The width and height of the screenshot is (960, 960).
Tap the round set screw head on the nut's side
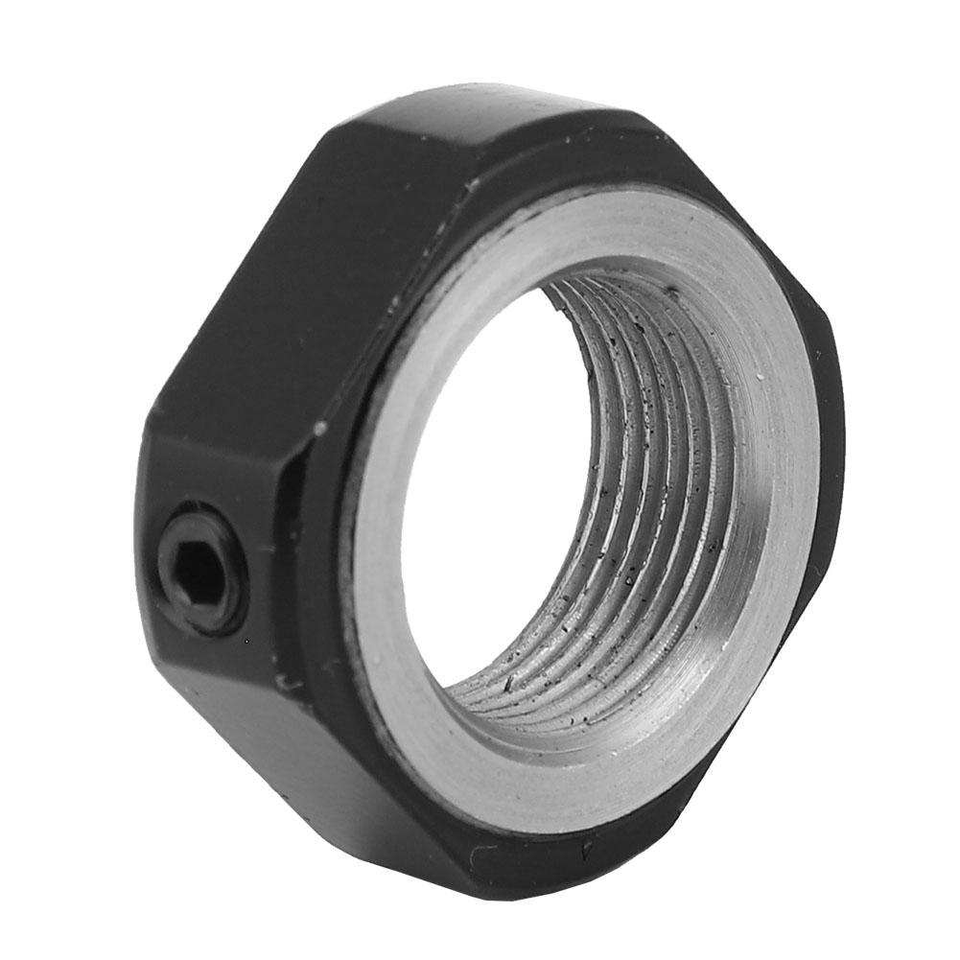(201, 573)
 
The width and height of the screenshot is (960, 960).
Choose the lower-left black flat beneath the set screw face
(288, 767)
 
